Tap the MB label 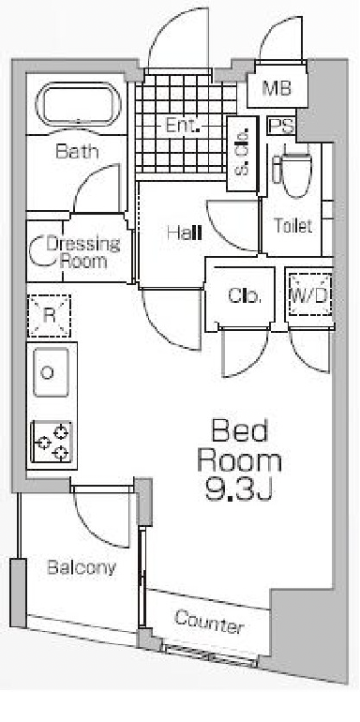pos(277,88)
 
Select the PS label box pos(282,127)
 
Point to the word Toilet pos(293,226)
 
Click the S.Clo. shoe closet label pos(243,154)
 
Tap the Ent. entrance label pos(182,126)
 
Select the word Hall pos(185,233)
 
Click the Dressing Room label pos(83,252)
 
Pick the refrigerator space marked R pos(50,316)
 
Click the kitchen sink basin pos(51,372)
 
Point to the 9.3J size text pos(239,490)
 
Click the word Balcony pos(82,567)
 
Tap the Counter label pos(209,622)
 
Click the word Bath pos(77,151)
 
